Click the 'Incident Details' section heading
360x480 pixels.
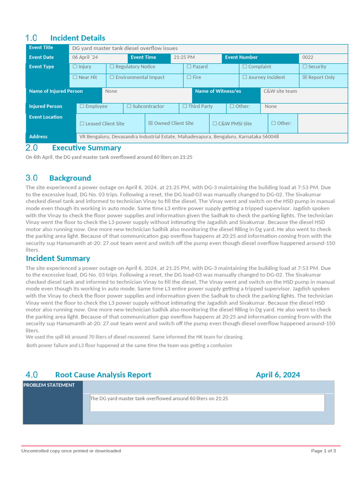(x=77, y=38)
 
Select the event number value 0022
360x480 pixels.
(x=308, y=57)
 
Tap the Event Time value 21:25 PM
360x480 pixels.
(x=184, y=57)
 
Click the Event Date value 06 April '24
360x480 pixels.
(x=85, y=57)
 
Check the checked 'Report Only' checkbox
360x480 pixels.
(x=305, y=77)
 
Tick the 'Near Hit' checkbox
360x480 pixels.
(x=75, y=77)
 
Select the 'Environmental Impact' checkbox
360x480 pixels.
(x=112, y=77)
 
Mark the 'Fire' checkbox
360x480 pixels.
(x=189, y=77)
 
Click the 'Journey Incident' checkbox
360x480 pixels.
(x=245, y=77)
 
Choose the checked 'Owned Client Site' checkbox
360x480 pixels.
(x=150, y=123)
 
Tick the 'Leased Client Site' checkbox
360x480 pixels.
(x=82, y=124)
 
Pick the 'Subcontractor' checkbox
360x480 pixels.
(x=129, y=106)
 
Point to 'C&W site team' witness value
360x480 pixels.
(x=280, y=91)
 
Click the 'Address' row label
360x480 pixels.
(x=38, y=137)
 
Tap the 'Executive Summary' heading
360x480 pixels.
(x=86, y=148)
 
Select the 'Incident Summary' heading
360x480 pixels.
(x=58, y=258)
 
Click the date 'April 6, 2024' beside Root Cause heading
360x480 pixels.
(x=278, y=375)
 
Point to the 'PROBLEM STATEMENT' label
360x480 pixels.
(x=49, y=385)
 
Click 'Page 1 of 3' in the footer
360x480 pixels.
(x=323, y=451)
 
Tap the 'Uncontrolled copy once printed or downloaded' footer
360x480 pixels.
(x=71, y=451)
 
